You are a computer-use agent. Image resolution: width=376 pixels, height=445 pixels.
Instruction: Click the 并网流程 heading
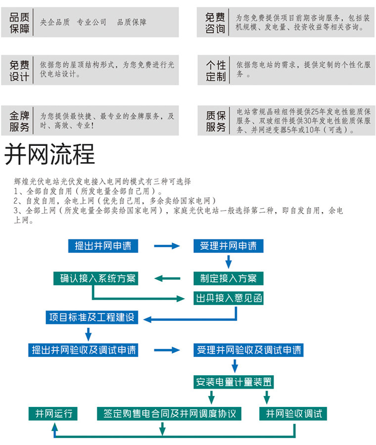point(49,154)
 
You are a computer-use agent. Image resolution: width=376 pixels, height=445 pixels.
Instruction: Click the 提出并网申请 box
point(103,246)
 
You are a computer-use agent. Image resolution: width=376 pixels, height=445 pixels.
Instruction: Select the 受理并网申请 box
point(229,246)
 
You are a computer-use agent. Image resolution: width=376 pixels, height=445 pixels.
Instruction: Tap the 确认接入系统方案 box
point(95,278)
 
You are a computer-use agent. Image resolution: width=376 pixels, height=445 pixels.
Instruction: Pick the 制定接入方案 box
point(229,278)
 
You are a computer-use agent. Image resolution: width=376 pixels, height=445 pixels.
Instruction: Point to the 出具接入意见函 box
point(229,298)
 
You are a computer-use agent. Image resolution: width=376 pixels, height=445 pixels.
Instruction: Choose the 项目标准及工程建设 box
point(92,317)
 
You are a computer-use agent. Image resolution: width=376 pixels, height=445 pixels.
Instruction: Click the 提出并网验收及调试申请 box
point(83,350)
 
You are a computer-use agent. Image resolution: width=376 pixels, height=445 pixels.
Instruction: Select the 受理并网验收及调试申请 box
point(248,350)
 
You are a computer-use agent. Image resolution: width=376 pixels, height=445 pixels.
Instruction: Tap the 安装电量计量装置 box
point(234,382)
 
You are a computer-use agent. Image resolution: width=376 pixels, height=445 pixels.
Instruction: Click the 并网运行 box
point(53,413)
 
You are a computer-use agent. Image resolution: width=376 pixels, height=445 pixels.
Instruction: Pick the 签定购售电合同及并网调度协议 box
point(169,413)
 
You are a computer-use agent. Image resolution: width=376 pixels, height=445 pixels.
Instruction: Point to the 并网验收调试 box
point(293,413)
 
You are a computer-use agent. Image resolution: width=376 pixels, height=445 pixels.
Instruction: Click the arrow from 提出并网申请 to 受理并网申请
point(167,246)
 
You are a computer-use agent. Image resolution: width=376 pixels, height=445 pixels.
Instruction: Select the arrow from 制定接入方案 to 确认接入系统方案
point(167,278)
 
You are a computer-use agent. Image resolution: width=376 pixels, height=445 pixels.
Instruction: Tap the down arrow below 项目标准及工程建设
point(89,334)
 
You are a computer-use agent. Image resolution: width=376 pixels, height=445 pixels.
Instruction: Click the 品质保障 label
point(19,22)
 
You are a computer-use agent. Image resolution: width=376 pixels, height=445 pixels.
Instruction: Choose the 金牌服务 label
point(19,121)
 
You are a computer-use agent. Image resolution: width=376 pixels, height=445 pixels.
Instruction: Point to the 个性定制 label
point(216,70)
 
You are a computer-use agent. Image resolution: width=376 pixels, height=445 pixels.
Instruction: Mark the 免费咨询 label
point(215,22)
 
